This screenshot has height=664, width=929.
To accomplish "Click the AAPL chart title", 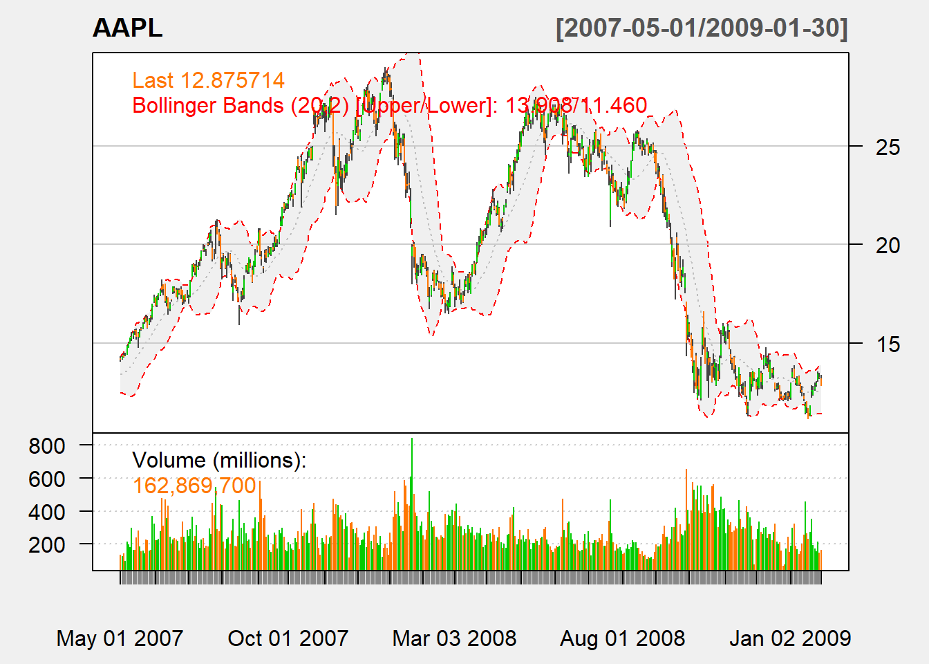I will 127,28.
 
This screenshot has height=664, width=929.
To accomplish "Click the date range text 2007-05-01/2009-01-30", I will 702,28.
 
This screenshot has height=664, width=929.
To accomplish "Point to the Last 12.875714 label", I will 208,80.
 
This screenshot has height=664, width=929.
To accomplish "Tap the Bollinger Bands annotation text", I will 389,106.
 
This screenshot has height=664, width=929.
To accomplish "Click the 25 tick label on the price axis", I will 888,147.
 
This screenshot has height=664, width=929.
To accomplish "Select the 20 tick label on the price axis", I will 888,245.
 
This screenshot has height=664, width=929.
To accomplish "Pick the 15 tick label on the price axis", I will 888,344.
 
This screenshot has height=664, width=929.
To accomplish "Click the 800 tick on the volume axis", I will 47,446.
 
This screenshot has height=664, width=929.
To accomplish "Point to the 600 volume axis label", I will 47,479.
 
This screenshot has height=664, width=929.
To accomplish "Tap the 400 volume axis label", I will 47,512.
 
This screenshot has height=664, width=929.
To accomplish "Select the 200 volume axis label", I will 47,544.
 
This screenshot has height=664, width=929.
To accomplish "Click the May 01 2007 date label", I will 120,638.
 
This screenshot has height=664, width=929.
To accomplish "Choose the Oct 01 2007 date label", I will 288,638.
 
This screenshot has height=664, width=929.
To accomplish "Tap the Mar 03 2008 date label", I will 454,638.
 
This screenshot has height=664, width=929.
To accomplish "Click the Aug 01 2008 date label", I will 622,638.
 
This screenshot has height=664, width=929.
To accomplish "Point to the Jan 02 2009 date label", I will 789,638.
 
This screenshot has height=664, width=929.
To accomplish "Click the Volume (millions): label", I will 219,460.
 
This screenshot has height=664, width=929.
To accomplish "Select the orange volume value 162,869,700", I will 194,486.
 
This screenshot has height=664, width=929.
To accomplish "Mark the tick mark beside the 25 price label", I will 856,146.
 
